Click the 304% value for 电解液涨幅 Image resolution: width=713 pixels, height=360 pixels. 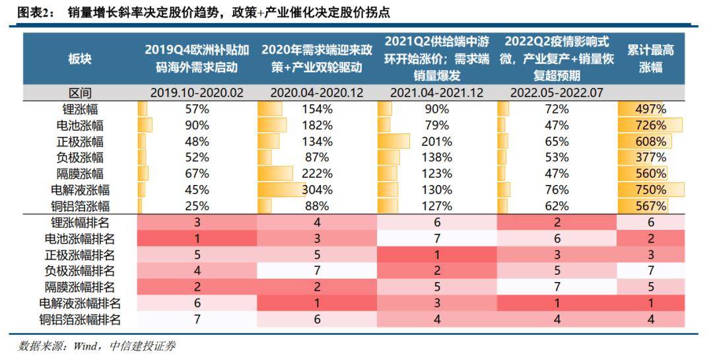click(x=317, y=190)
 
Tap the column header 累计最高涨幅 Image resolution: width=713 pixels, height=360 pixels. click(x=651, y=59)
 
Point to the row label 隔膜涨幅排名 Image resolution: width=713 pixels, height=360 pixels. click(x=80, y=287)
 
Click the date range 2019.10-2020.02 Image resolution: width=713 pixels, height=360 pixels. click(x=197, y=93)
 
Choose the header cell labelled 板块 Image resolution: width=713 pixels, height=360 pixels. click(x=80, y=59)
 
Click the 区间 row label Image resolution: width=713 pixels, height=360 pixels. click(x=80, y=93)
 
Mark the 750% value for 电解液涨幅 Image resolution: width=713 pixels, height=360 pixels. click(x=651, y=190)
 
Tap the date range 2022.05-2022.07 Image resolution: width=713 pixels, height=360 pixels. click(x=557, y=93)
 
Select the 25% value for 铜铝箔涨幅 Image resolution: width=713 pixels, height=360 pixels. click(x=197, y=206)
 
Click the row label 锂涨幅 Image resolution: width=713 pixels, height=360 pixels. click(x=80, y=109)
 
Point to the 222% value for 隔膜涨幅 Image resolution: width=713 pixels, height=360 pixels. click(x=317, y=174)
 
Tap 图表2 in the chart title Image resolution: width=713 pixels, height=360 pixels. click(x=34, y=13)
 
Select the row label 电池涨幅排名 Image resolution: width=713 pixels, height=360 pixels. click(x=80, y=238)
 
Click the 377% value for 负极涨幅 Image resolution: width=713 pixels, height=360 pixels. click(x=651, y=158)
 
